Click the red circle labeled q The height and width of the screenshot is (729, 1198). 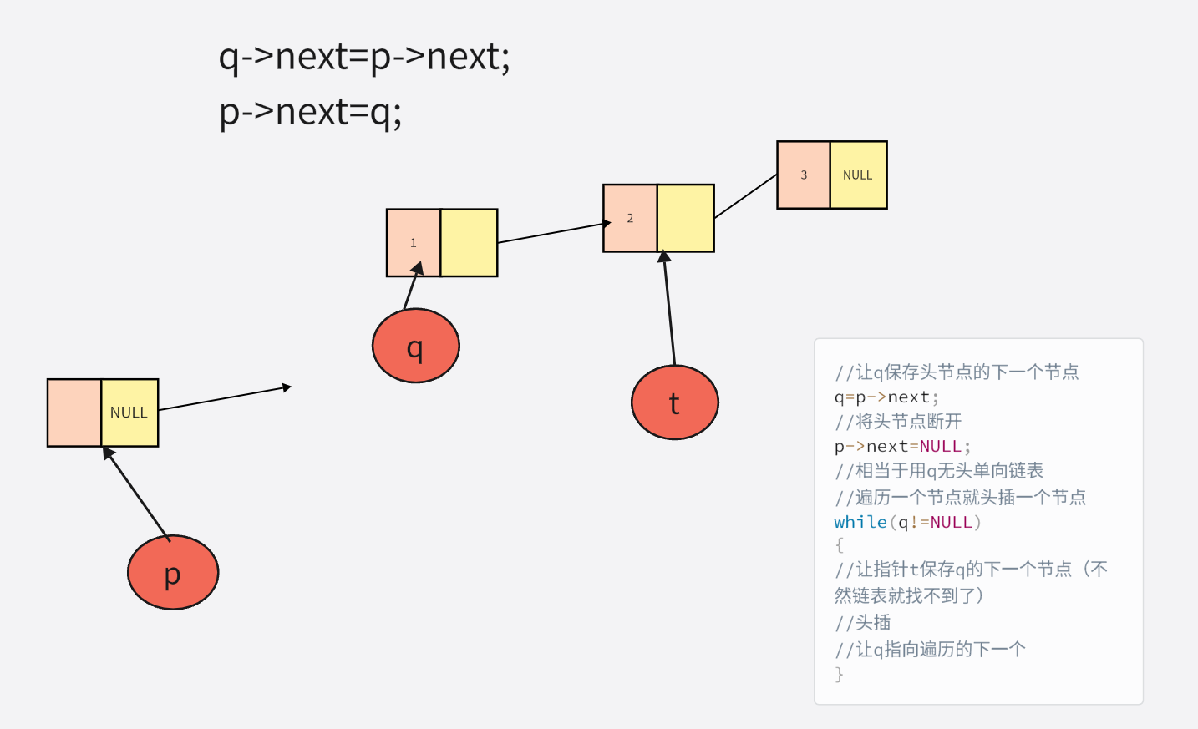coord(415,346)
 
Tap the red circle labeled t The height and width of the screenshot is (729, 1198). coord(674,402)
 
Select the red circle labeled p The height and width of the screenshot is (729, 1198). coord(172,573)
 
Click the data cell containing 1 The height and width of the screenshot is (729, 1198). coord(413,243)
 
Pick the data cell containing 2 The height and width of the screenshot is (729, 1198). coord(630,218)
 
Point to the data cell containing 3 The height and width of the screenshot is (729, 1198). coord(804,175)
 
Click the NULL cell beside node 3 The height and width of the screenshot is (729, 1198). coord(858,175)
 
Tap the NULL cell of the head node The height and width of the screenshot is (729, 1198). coord(129,413)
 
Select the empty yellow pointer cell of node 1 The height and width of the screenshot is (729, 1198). coord(469,243)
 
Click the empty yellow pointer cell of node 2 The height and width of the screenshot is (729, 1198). coord(685,218)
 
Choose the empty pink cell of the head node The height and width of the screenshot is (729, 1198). coord(74,413)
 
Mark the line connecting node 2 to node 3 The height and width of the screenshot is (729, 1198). coord(745,196)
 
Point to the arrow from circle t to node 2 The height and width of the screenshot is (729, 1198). coord(669,309)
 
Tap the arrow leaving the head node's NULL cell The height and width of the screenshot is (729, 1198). coord(224,397)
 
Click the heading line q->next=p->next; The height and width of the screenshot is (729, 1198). coord(364,57)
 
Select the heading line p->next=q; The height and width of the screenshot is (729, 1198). coord(311,111)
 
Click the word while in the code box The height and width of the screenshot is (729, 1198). coord(860,522)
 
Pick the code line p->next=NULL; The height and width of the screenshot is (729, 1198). coord(902,446)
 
